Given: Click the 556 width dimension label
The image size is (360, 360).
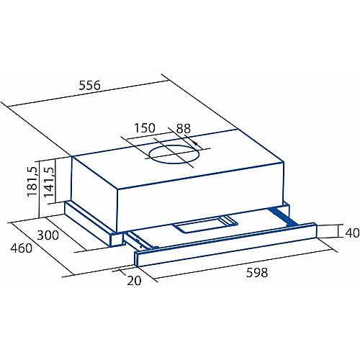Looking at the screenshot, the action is click(x=90, y=86).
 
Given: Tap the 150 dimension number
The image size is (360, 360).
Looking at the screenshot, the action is click(x=145, y=128).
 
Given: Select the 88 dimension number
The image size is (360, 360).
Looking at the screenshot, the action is click(x=184, y=129).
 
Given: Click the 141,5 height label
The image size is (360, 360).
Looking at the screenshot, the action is click(x=50, y=182).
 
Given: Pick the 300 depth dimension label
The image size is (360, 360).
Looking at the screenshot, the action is click(x=48, y=235).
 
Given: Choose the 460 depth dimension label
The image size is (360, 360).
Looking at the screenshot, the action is click(x=21, y=248).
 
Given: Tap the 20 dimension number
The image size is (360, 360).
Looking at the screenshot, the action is click(x=134, y=280).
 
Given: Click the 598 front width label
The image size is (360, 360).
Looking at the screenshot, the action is click(x=257, y=273).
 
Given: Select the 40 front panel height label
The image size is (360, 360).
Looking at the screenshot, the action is click(x=352, y=233).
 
